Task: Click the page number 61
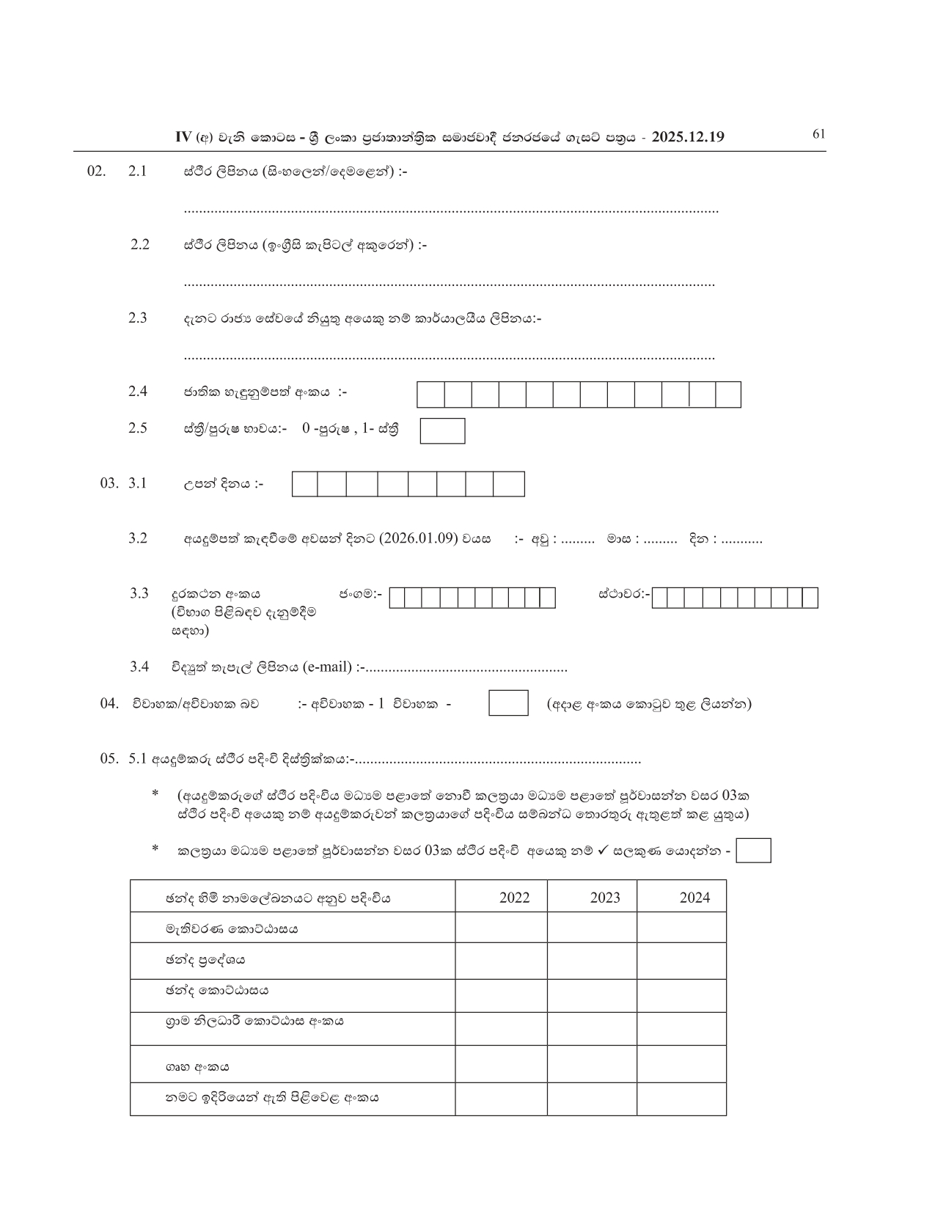819,133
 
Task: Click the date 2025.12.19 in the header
687,137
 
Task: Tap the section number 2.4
138,392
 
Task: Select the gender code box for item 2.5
442,431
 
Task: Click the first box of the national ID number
431,395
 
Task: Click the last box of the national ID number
728,395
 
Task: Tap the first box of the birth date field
305,485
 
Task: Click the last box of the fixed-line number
810,598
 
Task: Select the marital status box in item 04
508,703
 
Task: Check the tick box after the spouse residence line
753,851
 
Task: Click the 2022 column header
514,898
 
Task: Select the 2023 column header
605,898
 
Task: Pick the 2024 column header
694,898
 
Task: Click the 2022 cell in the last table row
501,1099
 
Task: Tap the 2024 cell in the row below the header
681,928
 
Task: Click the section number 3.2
138,538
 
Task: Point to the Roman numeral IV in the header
183,137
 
